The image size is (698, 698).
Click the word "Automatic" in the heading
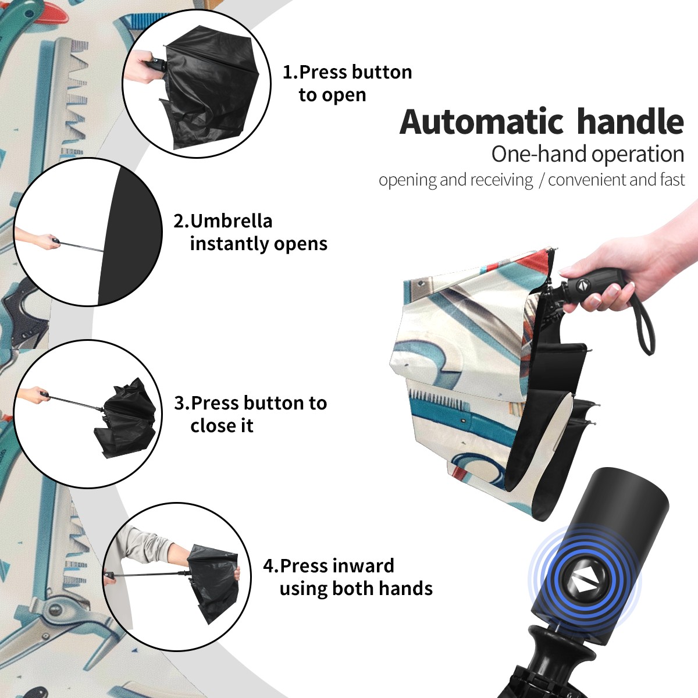(482, 122)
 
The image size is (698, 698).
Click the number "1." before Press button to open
(290, 72)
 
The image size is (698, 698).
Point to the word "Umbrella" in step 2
(232, 221)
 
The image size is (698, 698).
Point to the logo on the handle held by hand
(583, 285)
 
